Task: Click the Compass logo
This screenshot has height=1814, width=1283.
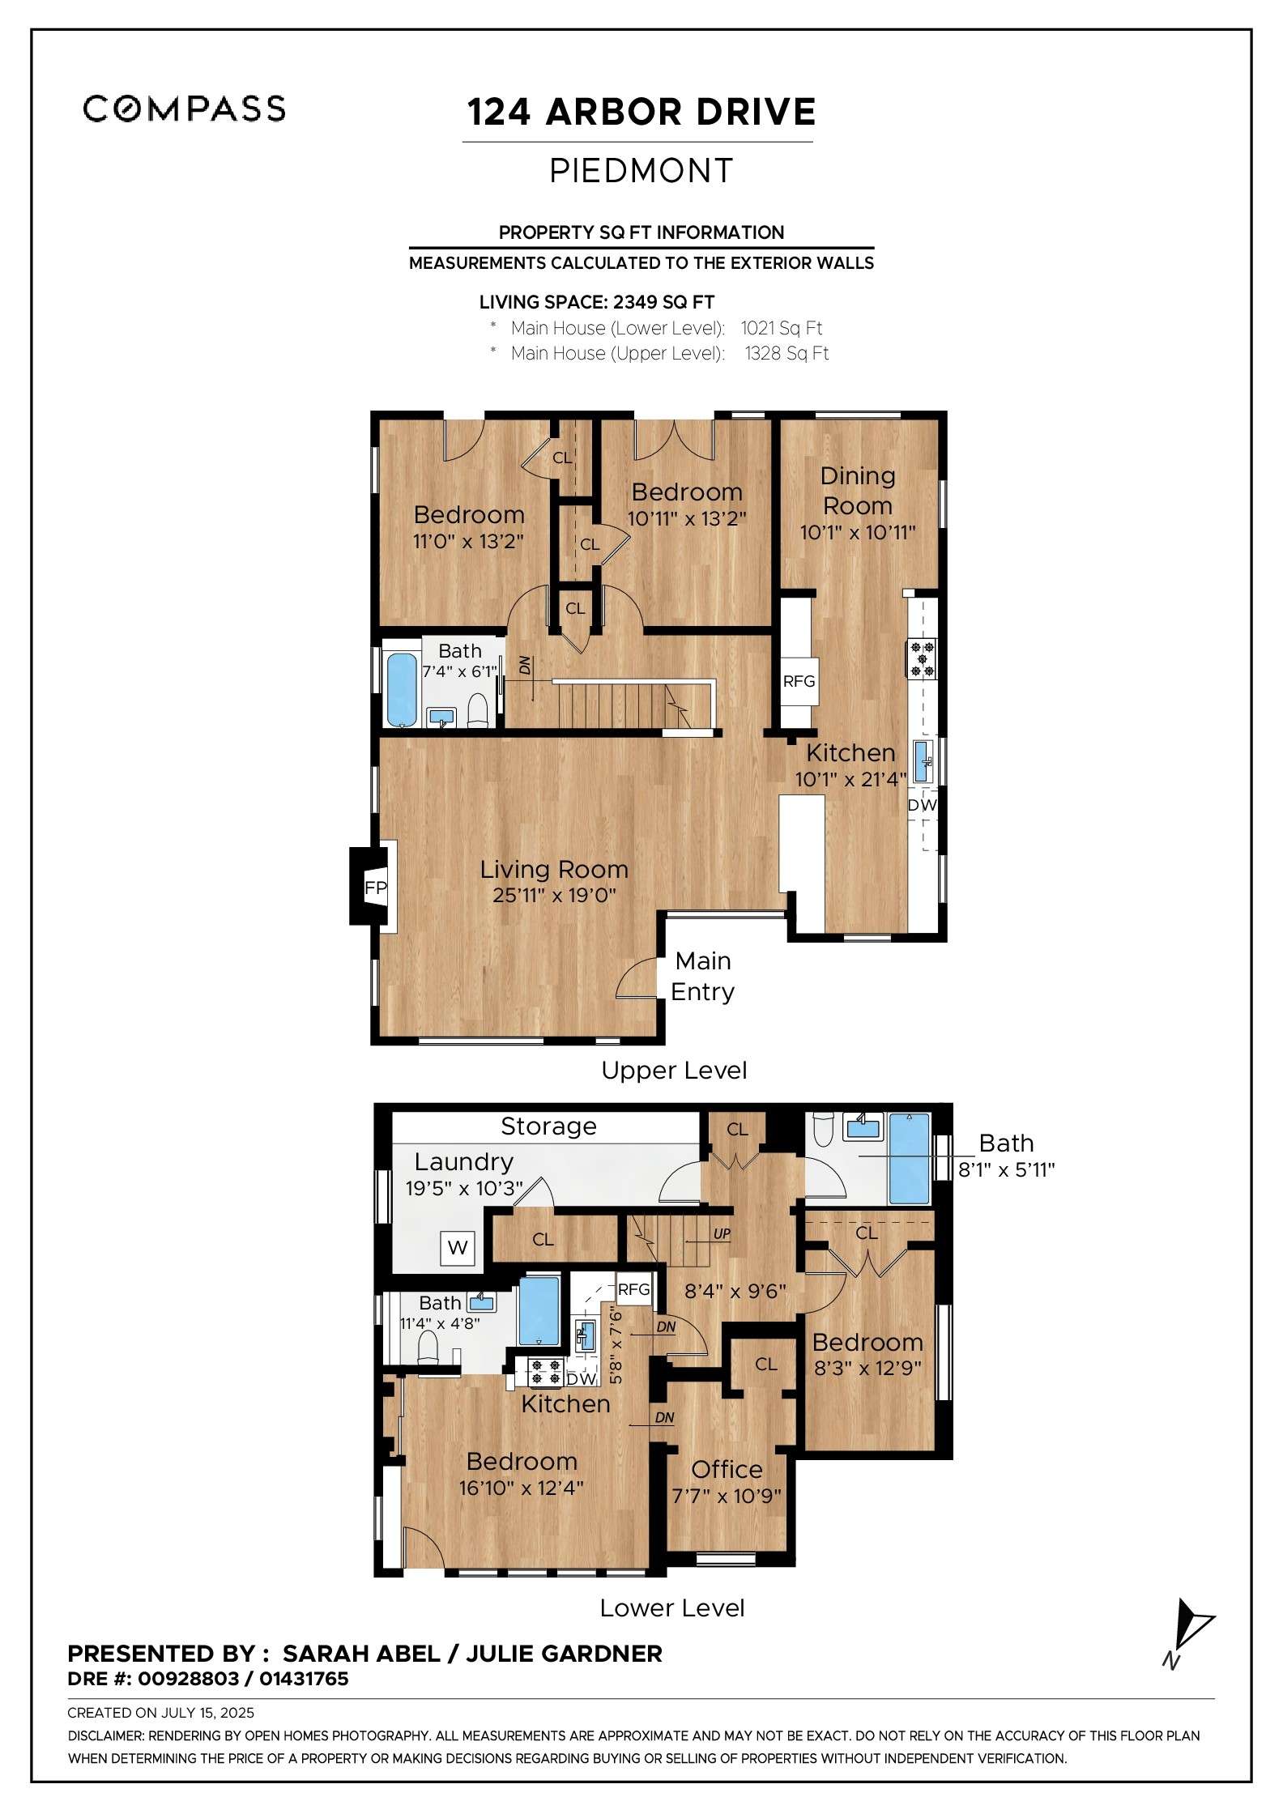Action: coord(185,109)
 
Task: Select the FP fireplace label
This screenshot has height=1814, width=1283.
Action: coord(376,888)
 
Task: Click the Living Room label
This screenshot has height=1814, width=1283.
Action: coord(554,869)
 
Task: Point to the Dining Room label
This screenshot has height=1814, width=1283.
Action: coord(858,491)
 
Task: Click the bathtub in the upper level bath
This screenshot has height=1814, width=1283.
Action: coord(401,689)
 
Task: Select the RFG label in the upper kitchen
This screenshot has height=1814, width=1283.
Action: coord(799,681)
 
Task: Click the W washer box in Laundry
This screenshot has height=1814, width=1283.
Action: coord(458,1247)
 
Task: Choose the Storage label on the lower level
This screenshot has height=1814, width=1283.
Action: coord(548,1126)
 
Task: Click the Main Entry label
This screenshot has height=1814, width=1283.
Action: coord(703,976)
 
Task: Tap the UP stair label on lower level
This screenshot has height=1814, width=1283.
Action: coord(722,1234)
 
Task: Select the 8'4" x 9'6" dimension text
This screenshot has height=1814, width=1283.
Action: coord(735,1291)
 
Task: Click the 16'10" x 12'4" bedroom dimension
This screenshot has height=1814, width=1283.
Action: coord(521,1488)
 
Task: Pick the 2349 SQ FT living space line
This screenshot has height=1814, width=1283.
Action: coord(597,303)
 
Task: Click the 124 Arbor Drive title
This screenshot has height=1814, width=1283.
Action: coord(641,113)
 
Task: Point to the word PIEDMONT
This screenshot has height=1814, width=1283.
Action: coord(641,171)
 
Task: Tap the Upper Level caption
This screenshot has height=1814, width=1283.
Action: coord(674,1071)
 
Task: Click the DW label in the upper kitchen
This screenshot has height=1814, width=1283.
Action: coord(922,805)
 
